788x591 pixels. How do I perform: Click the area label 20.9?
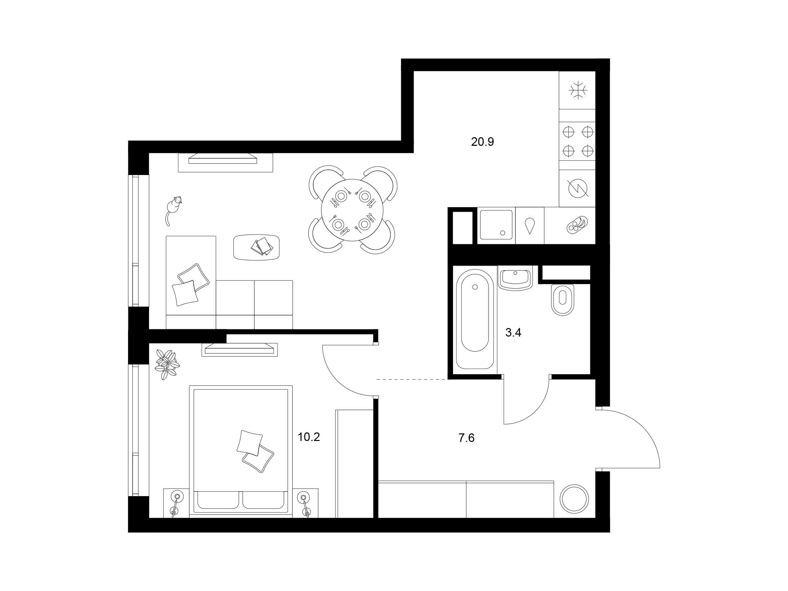tap(482, 142)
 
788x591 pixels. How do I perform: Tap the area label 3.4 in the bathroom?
tap(513, 333)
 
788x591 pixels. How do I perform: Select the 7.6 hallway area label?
tap(466, 438)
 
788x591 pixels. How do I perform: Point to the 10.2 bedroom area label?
tap(309, 437)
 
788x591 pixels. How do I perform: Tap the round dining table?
tap(353, 210)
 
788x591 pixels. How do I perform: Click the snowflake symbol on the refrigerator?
tap(578, 90)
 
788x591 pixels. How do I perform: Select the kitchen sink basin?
tap(496, 225)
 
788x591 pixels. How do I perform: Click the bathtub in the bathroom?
tap(475, 319)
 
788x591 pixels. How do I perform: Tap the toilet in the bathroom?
tap(562, 299)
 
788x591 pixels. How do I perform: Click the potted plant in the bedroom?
tap(167, 364)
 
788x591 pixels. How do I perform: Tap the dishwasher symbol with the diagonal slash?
tap(578, 188)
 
